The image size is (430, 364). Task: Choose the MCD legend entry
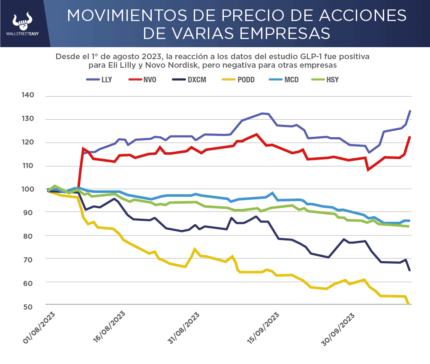(x=290, y=80)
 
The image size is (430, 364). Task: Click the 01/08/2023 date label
(x=41, y=328)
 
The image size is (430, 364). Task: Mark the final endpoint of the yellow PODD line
(x=409, y=304)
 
